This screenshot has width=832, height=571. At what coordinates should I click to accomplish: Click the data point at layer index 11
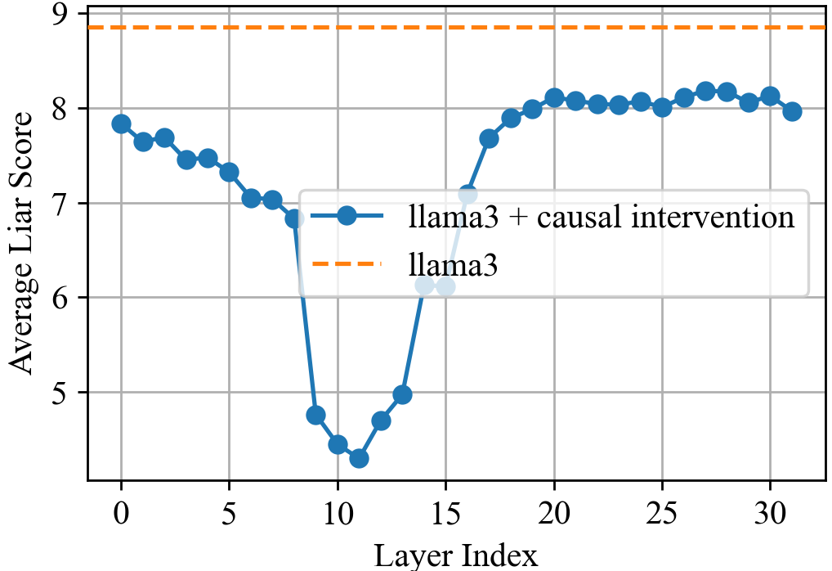pyautogui.click(x=359, y=458)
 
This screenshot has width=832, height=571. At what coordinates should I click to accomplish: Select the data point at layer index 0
pyautogui.click(x=121, y=124)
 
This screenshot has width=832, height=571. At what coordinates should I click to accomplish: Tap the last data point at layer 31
pyautogui.click(x=792, y=111)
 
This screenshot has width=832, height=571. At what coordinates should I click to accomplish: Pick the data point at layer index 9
pyautogui.click(x=315, y=415)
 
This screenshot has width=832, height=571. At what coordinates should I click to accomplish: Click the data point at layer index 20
pyautogui.click(x=554, y=97)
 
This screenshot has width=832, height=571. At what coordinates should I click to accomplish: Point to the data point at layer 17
pyautogui.click(x=490, y=138)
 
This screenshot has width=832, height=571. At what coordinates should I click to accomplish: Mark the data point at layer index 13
pyautogui.click(x=402, y=394)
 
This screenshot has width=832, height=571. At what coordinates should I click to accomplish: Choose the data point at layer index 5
pyautogui.click(x=229, y=172)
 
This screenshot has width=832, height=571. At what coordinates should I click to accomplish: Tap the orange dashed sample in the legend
pyautogui.click(x=347, y=264)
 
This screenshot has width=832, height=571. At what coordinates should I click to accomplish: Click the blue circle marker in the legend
pyautogui.click(x=347, y=216)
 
